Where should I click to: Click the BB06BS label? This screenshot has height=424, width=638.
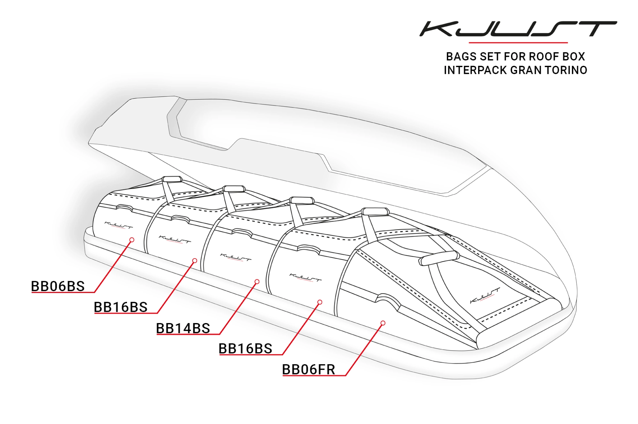(x=58, y=286)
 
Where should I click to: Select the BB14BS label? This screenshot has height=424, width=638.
(x=183, y=328)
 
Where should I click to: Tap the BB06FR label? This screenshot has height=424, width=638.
(x=308, y=370)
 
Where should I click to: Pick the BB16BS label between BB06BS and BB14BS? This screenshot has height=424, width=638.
(x=121, y=307)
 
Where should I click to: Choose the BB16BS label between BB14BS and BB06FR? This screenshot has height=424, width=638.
(x=245, y=349)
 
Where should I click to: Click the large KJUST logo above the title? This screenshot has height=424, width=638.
(x=518, y=29)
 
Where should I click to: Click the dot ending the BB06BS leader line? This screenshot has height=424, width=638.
(x=132, y=240)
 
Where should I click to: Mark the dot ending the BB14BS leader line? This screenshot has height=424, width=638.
(x=257, y=281)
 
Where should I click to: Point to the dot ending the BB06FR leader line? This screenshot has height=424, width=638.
(x=383, y=323)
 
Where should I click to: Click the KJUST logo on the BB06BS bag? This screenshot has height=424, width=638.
(x=118, y=225)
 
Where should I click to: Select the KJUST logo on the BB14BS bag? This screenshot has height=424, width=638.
(x=235, y=257)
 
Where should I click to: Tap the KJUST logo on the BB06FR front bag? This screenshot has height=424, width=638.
(x=485, y=296)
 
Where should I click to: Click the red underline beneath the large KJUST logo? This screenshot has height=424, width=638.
(x=518, y=42)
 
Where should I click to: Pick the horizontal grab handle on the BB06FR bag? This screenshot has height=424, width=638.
(x=439, y=258)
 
